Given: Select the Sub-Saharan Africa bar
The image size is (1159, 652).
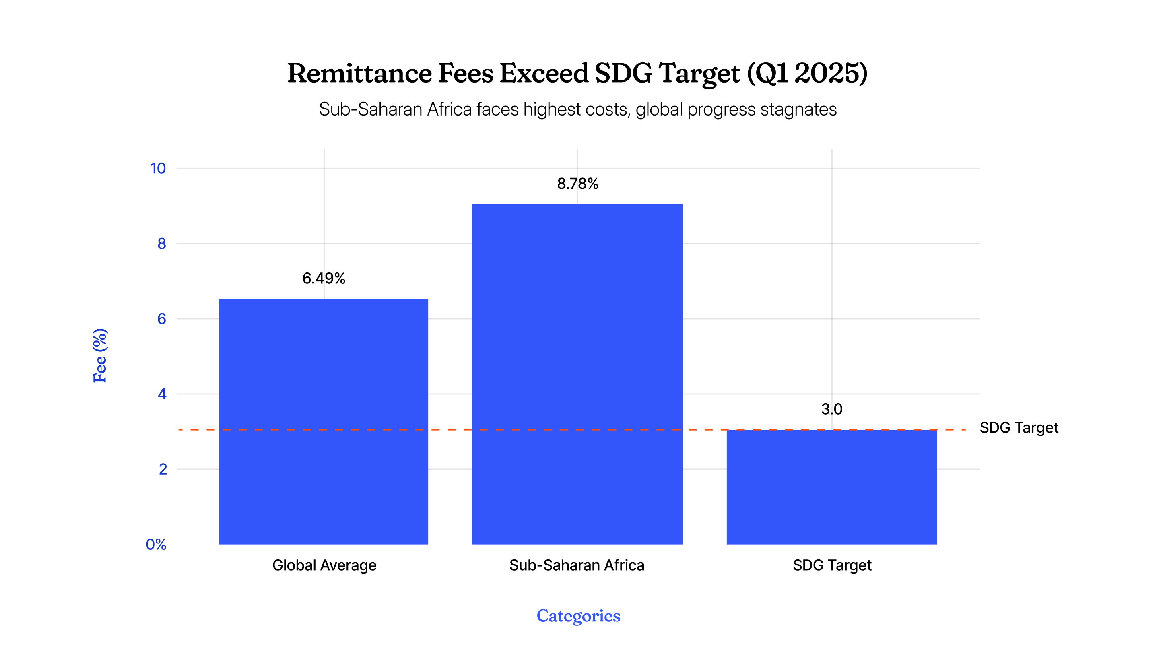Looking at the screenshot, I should (577, 374).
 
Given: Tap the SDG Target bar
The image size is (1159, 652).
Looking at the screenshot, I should (831, 487).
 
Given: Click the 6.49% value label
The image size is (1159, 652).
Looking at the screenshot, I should (324, 279).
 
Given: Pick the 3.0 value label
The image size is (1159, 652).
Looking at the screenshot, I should (831, 409).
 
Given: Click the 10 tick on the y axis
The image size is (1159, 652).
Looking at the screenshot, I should (158, 168).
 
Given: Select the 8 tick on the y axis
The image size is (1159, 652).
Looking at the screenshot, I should (161, 243).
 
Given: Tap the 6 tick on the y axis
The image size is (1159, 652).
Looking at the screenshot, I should (161, 319).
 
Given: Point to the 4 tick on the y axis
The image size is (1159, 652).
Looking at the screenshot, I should (162, 394).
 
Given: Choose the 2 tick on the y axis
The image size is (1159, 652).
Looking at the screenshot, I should (163, 469).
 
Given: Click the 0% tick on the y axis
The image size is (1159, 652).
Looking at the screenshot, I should (156, 545).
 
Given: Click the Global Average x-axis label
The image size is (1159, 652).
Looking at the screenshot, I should (324, 565).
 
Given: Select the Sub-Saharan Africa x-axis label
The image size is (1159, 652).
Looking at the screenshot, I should (577, 565).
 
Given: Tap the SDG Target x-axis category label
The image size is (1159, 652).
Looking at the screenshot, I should (832, 565).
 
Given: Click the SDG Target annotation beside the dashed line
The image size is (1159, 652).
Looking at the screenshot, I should (1019, 427).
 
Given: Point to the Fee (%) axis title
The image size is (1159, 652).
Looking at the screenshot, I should (100, 355).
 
